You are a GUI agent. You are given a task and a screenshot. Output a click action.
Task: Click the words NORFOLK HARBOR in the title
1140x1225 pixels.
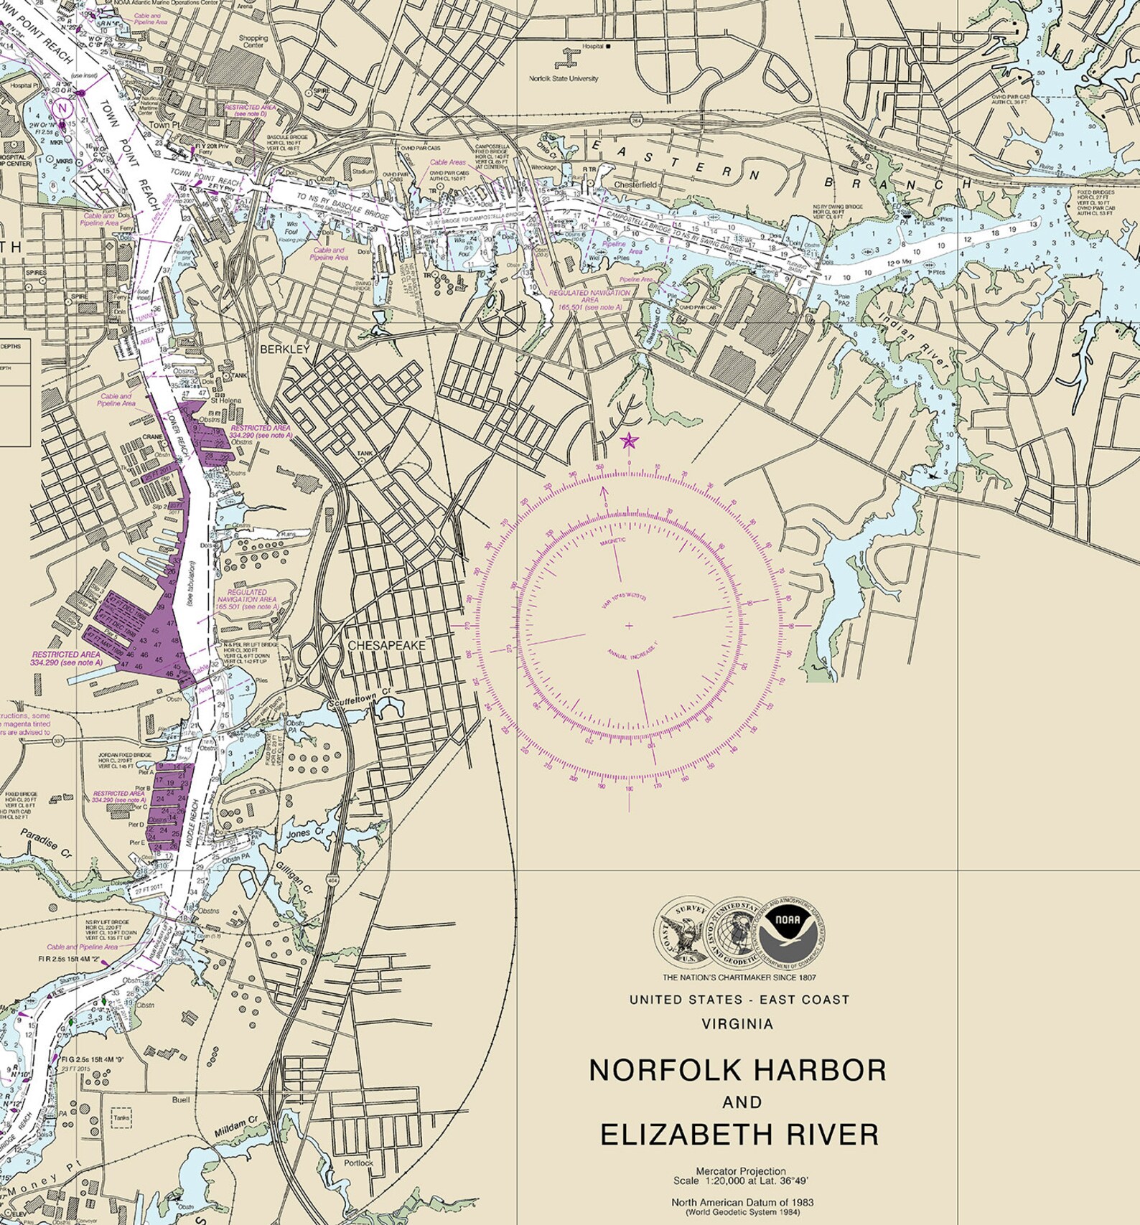point(737,1070)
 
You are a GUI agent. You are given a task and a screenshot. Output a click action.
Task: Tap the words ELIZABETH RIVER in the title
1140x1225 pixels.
point(739,1135)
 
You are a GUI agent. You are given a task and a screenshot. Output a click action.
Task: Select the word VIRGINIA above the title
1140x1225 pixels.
point(737,1024)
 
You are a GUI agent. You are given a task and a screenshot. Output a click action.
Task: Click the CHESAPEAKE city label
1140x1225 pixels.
point(386,645)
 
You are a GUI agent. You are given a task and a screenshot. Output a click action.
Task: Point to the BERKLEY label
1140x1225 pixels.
point(284,349)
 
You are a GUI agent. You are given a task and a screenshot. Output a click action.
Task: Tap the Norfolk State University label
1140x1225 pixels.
point(563,78)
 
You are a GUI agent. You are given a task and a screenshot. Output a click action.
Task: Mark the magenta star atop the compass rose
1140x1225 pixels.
point(629,441)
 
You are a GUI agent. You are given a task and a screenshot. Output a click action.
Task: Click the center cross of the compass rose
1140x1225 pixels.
point(629,626)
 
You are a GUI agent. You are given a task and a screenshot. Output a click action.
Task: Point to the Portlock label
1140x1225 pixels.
point(358,1163)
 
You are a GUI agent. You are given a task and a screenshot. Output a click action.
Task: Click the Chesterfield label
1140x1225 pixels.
point(635,184)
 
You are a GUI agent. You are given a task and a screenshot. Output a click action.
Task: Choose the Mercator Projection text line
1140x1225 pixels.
point(740,1171)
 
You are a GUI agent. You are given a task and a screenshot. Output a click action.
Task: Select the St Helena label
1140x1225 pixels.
point(225,400)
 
